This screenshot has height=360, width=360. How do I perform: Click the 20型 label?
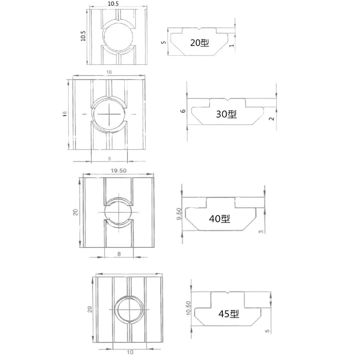pos(200,43)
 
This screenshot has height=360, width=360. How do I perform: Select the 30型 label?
pos(226,114)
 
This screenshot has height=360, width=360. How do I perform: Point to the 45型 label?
pos(229,314)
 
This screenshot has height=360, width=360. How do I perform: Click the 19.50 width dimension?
pos(118,170)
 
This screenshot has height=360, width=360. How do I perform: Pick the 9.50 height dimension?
pos(179,214)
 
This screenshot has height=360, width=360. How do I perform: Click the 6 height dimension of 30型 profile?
pos(183,111)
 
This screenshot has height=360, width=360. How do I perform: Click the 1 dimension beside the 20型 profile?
pos(231,46)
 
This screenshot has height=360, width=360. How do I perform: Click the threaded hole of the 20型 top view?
pos(117,39)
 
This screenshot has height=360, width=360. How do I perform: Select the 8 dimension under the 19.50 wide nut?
pos(119,254)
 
